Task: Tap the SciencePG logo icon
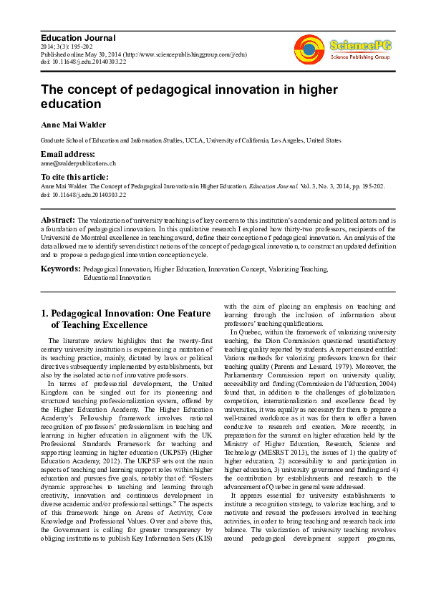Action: [x=309, y=49]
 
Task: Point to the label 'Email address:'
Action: [x=68, y=154]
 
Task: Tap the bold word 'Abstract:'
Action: [x=58, y=221]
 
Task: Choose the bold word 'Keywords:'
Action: [x=59, y=269]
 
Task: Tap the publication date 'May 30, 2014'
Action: [x=104, y=54]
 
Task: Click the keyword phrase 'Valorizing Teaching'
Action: [x=299, y=269]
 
